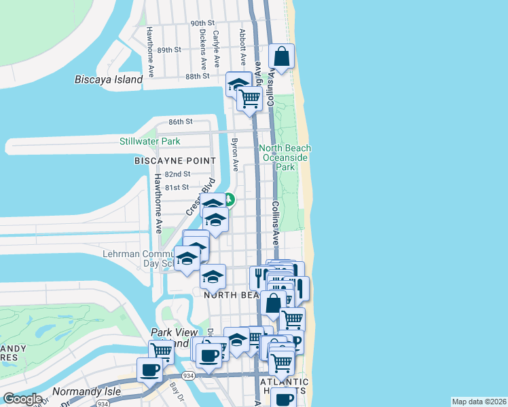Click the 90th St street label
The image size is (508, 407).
tap(202, 23)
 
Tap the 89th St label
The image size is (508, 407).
tap(169, 50)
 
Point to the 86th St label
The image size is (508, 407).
tap(181, 121)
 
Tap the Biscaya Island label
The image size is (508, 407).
tap(109, 80)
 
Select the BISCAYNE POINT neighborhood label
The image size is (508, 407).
tap(175, 161)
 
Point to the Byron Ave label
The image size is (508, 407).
tap(235, 155)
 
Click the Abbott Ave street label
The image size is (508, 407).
tap(242, 45)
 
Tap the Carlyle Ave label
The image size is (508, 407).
tap(216, 48)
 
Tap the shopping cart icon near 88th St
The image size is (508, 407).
tap(249, 98)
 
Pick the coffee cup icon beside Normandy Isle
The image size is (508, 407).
tap(150, 370)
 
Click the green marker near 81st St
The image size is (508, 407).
tap(230, 199)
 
